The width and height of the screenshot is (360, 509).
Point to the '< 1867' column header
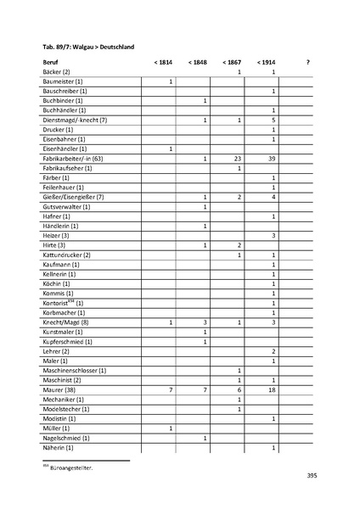click(x=231, y=63)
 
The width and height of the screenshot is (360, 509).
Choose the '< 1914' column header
click(x=265, y=63)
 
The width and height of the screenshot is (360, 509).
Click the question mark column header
click(x=307, y=63)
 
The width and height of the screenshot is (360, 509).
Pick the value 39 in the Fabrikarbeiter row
click(x=272, y=159)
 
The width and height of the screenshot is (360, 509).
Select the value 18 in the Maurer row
click(x=272, y=389)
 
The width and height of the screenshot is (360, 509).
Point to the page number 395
click(x=312, y=477)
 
